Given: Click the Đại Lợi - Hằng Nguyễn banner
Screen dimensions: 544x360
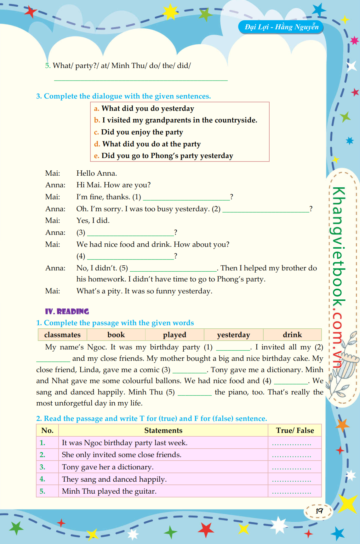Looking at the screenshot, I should coord(281,27).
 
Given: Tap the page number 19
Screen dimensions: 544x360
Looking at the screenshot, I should coord(319,511).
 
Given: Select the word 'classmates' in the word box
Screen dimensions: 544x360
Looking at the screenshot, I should coord(62,335).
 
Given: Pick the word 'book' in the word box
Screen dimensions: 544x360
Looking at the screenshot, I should coord(116,335).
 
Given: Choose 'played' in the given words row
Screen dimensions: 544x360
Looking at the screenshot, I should coord(174,335).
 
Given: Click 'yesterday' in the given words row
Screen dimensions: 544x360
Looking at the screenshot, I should coord(233,335).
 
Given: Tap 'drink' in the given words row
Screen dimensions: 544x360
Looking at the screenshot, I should coord(292,335).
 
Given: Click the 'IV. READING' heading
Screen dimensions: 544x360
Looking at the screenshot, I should coord(67,311).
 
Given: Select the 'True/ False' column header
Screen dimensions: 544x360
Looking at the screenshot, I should coord(295,430).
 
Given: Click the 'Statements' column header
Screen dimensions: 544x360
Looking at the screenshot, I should coord(163,430).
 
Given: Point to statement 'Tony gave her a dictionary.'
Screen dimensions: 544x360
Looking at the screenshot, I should coord(108,467).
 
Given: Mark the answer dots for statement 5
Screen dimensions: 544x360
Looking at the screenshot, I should coord(291,492).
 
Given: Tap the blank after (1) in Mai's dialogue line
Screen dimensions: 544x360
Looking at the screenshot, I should coord(186,197).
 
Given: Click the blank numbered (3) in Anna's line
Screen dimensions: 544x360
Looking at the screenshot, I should coord(130,233).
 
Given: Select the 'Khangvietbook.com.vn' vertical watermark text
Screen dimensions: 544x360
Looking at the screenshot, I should coord(339,277).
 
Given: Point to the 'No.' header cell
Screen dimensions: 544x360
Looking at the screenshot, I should coord(47,430).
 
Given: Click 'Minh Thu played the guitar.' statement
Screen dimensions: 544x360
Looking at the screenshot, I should coord(109,491).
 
